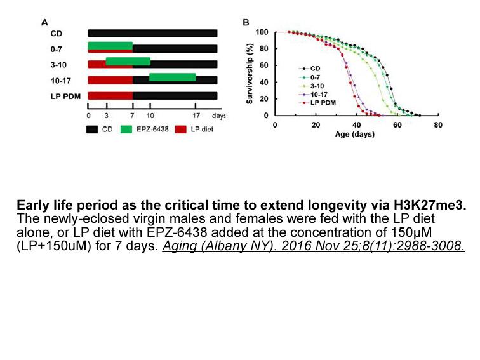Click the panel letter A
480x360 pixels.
point(44,23)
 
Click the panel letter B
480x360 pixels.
point(246,23)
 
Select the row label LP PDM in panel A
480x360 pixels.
point(65,96)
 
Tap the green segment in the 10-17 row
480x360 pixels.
point(172,77)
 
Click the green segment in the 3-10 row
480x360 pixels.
point(128,61)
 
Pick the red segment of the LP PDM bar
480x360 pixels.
point(110,95)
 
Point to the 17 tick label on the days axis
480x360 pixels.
point(196,116)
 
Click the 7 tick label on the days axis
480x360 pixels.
point(132,116)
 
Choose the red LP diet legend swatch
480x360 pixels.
point(180,129)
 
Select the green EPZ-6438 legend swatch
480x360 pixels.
point(126,129)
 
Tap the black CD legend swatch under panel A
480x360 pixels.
point(92,129)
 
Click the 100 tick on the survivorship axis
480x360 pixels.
point(262,32)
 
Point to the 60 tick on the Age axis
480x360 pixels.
point(397,125)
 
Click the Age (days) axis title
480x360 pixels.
point(355,134)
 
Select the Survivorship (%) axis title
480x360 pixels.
point(250,74)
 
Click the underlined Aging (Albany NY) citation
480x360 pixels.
point(314,246)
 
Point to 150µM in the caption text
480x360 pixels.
point(411,232)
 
